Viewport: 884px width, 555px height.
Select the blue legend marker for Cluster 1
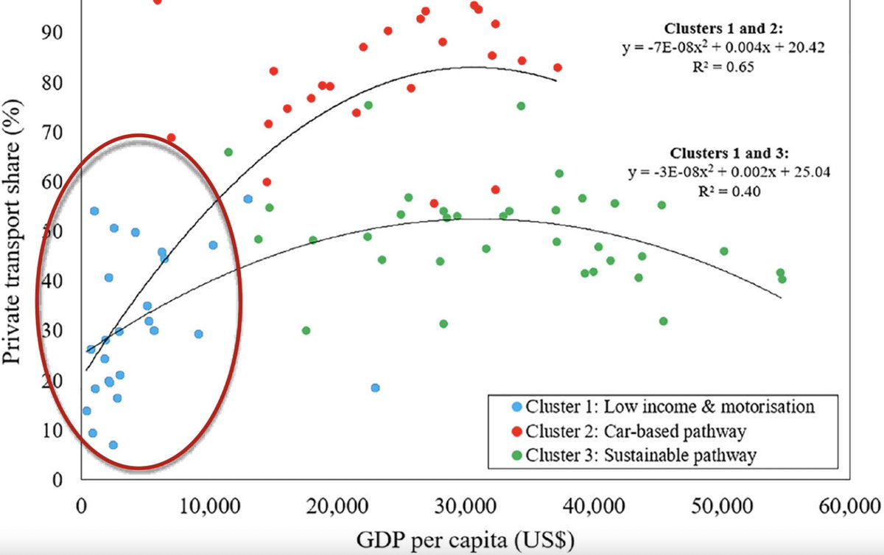pyautogui.click(x=499, y=406)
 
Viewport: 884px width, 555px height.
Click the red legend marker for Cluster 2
pyautogui.click(x=499, y=430)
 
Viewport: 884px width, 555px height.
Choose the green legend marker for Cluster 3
pyautogui.click(x=499, y=455)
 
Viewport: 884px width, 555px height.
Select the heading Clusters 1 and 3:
pyautogui.click(x=729, y=154)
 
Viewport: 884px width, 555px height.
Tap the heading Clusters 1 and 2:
pyautogui.click(x=726, y=29)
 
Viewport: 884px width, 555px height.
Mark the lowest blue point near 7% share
pyautogui.click(x=113, y=445)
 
